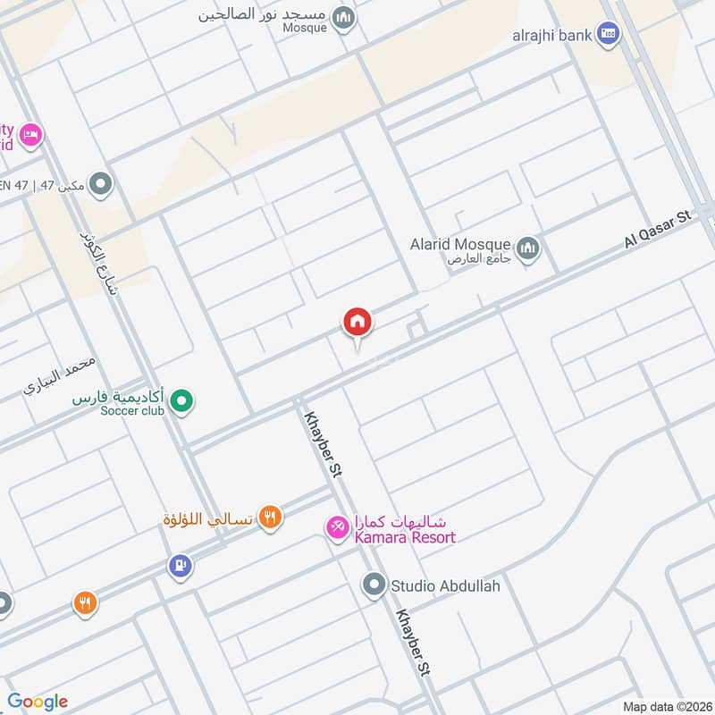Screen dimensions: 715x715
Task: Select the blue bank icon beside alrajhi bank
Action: (x=609, y=35)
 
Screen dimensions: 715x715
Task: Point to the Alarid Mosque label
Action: (x=460, y=244)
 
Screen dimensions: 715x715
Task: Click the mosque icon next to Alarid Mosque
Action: (x=528, y=246)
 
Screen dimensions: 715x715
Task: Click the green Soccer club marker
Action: (x=182, y=401)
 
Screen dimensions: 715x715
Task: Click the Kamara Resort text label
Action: (x=405, y=537)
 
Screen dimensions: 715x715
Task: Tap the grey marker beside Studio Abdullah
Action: (x=373, y=585)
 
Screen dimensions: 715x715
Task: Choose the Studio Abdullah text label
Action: (x=445, y=586)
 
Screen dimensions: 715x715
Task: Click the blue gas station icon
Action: (x=181, y=566)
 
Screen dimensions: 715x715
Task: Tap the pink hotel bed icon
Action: (x=29, y=134)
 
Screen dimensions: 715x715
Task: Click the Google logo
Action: (x=38, y=702)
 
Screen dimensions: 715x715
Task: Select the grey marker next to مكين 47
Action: (x=101, y=185)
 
